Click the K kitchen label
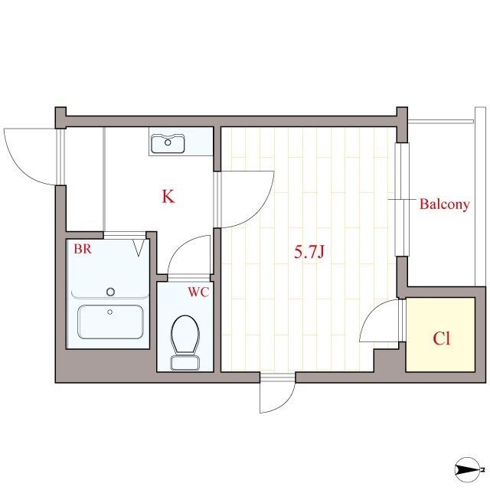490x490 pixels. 168,197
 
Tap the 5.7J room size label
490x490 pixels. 311,251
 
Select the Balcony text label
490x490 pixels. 443,204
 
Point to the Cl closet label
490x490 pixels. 442,338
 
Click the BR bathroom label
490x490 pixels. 83,249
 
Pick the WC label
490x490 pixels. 198,292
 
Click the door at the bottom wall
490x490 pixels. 277,394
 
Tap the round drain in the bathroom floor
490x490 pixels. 111,291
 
